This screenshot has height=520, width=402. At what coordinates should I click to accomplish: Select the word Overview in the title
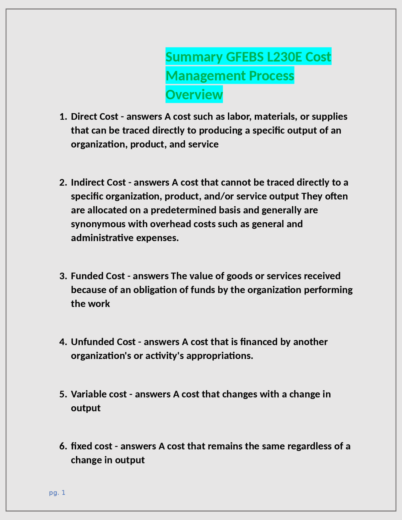194,95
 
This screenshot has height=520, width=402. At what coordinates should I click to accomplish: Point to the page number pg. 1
57,493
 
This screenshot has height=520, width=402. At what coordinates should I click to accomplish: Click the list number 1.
63,117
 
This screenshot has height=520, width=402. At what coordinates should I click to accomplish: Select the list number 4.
63,342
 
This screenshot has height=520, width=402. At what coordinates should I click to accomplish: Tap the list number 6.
63,446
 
